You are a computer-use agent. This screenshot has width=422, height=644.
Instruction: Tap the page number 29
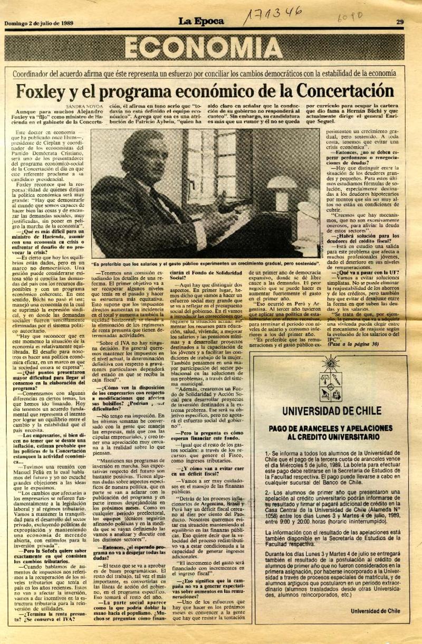400,22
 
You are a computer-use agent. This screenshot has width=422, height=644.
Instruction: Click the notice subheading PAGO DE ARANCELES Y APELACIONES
331,429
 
